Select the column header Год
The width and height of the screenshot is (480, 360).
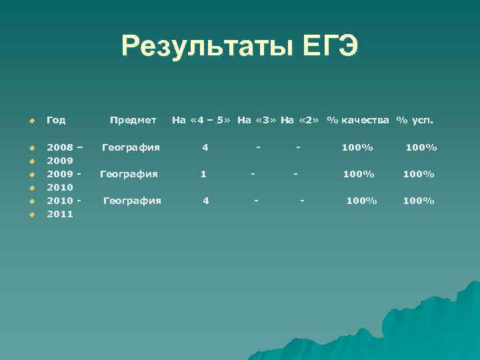point(56,121)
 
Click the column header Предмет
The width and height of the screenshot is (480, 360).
point(133,121)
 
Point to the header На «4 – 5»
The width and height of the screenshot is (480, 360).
point(201,121)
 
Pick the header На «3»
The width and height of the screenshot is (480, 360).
point(257,121)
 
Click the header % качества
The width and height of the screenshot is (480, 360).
point(358,121)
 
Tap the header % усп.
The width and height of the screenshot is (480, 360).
point(415,121)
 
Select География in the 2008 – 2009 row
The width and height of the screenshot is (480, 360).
point(131,147)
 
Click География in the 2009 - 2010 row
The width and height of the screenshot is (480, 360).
point(129,174)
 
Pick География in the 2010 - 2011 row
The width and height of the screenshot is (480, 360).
point(132,201)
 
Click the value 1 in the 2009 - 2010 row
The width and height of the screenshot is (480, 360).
point(203,174)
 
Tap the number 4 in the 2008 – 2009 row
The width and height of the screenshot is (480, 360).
point(205,147)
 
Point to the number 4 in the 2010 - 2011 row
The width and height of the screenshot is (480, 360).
point(206,201)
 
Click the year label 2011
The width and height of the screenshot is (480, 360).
point(60,215)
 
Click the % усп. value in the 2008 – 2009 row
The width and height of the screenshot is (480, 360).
point(421,147)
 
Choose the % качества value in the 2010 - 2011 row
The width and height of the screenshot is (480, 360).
point(361,201)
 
